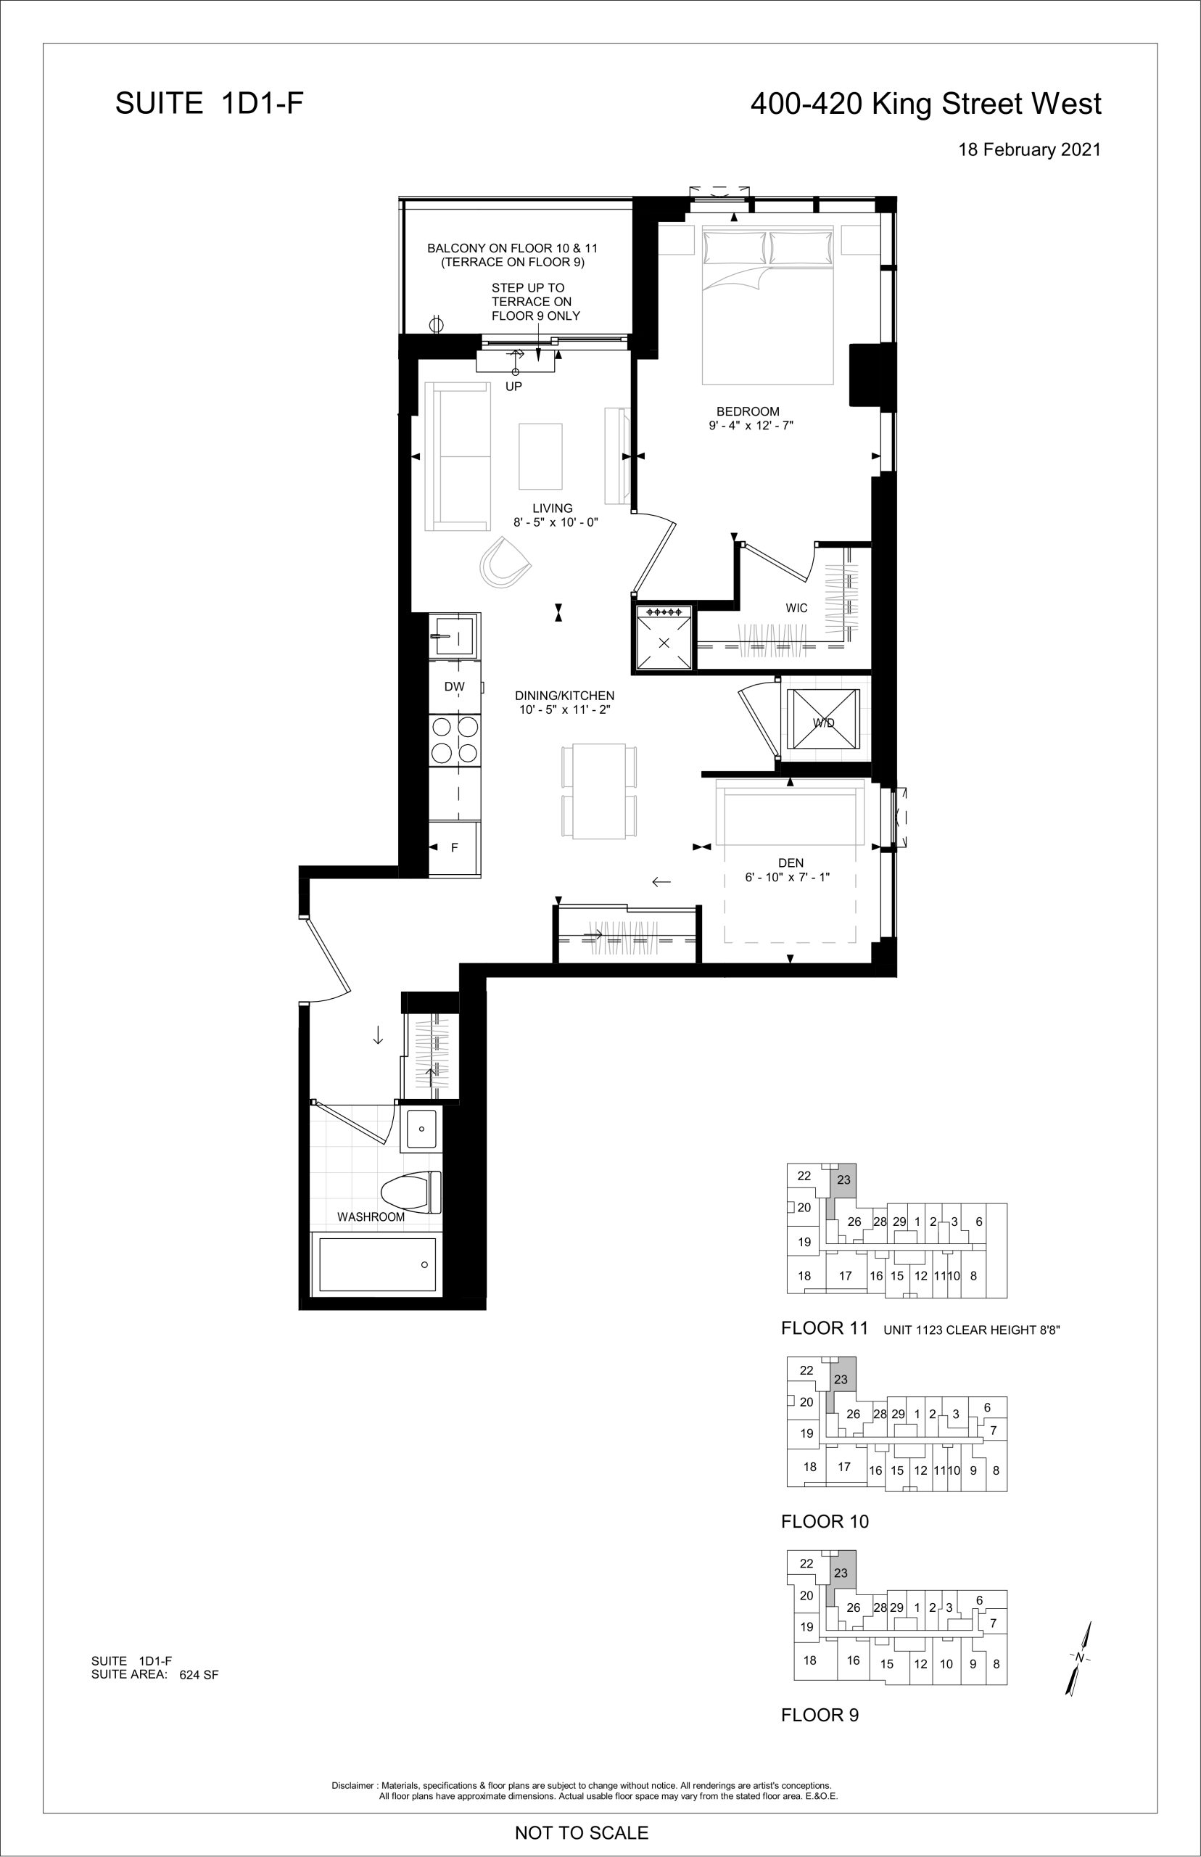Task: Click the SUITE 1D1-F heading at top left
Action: [x=209, y=104]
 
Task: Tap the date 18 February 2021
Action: [x=1029, y=149]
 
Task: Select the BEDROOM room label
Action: [x=748, y=412]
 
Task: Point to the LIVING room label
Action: [x=552, y=508]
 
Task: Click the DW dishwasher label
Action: [x=455, y=687]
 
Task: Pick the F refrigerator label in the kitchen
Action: [x=455, y=848]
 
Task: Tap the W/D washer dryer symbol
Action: [x=824, y=722]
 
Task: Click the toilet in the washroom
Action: [x=410, y=1193]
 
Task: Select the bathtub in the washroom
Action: [x=376, y=1264]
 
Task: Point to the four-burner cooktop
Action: [x=455, y=740]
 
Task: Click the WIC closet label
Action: [x=796, y=609]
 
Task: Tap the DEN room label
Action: [x=791, y=863]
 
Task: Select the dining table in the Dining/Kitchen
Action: [x=599, y=791]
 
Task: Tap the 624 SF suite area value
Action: [x=199, y=1674]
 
